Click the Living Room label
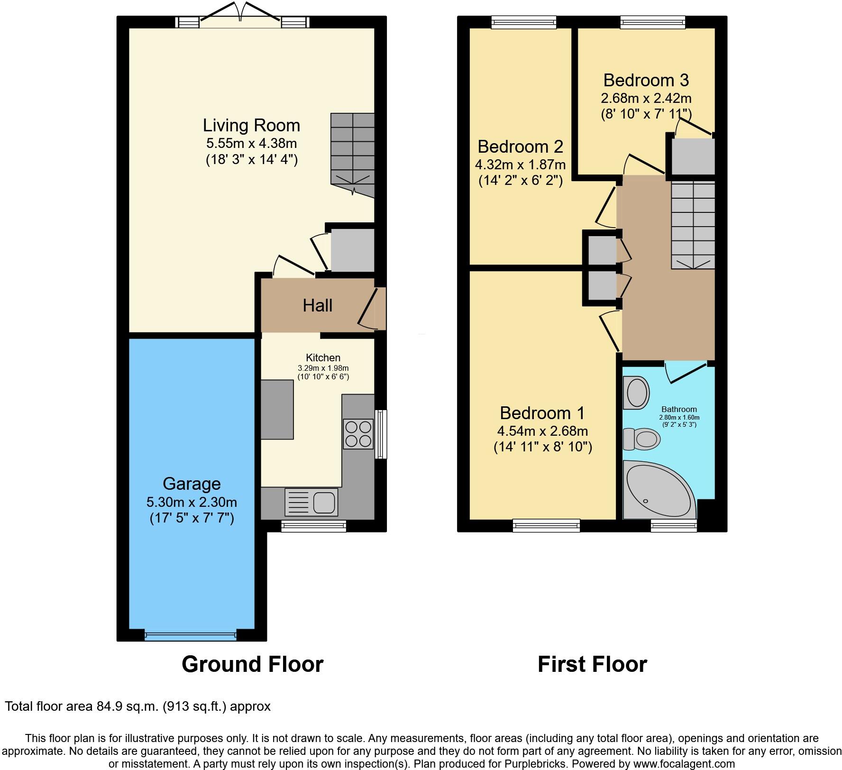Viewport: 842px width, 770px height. (x=251, y=126)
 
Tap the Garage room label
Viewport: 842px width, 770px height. (x=192, y=484)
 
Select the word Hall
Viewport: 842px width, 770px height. (x=318, y=305)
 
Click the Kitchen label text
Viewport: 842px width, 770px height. (x=323, y=358)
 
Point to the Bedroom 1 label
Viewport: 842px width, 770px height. (x=542, y=413)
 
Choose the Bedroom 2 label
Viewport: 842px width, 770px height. (x=521, y=147)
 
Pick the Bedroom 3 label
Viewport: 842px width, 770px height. (x=646, y=80)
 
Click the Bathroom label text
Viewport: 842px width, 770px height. (x=679, y=409)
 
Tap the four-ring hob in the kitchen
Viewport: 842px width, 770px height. (x=358, y=434)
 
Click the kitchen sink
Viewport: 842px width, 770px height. (x=311, y=502)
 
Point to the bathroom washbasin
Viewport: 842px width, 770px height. (x=636, y=393)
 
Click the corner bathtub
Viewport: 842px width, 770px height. (x=659, y=490)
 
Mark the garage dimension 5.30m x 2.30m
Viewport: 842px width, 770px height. (x=192, y=502)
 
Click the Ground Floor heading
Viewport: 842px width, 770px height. (x=252, y=664)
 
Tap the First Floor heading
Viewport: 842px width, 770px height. (x=592, y=664)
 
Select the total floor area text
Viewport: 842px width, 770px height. (x=137, y=707)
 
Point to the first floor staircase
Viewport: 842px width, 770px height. (x=693, y=226)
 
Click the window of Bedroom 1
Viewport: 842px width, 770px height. (x=546, y=525)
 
